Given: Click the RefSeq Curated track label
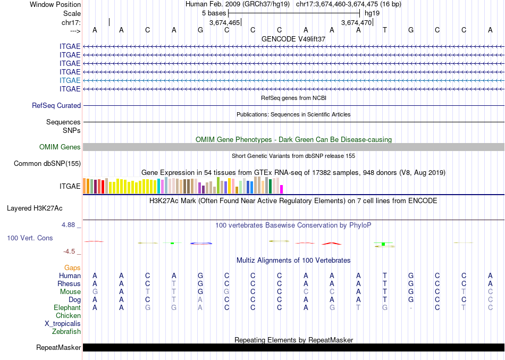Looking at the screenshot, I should coord(56,106).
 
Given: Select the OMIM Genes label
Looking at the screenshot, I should coord(60,147).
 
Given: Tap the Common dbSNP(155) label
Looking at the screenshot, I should coord(47,164).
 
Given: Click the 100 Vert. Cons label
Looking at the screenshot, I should coord(30,238).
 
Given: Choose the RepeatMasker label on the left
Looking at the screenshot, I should coord(58,348).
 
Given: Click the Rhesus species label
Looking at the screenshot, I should coord(69,284).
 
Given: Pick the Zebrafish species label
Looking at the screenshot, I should coord(66,331).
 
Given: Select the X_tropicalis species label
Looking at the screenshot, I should coord(63,323).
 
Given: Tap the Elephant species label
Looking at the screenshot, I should coord(67,308).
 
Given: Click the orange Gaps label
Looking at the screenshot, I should coord(72,268).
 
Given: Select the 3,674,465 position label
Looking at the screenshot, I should coord(225,23).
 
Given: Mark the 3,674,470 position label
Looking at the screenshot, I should coord(356,23).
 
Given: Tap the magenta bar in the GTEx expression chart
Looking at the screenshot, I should coord(282,189).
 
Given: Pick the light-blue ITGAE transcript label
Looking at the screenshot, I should coord(70,80).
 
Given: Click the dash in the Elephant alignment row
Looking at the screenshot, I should coord(411,308).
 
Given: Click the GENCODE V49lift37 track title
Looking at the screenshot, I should coord(293,39).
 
